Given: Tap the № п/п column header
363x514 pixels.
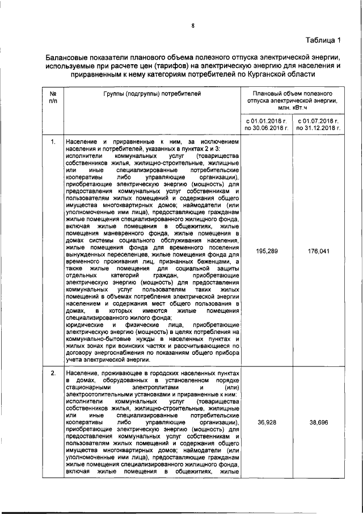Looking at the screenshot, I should pos(53,97).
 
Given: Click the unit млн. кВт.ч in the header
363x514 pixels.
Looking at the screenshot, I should pos(292,108).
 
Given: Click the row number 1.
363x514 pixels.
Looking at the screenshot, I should pos(53,140).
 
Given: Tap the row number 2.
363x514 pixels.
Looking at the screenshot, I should pos(53,373).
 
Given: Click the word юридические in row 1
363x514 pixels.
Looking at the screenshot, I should pos(84,325).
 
